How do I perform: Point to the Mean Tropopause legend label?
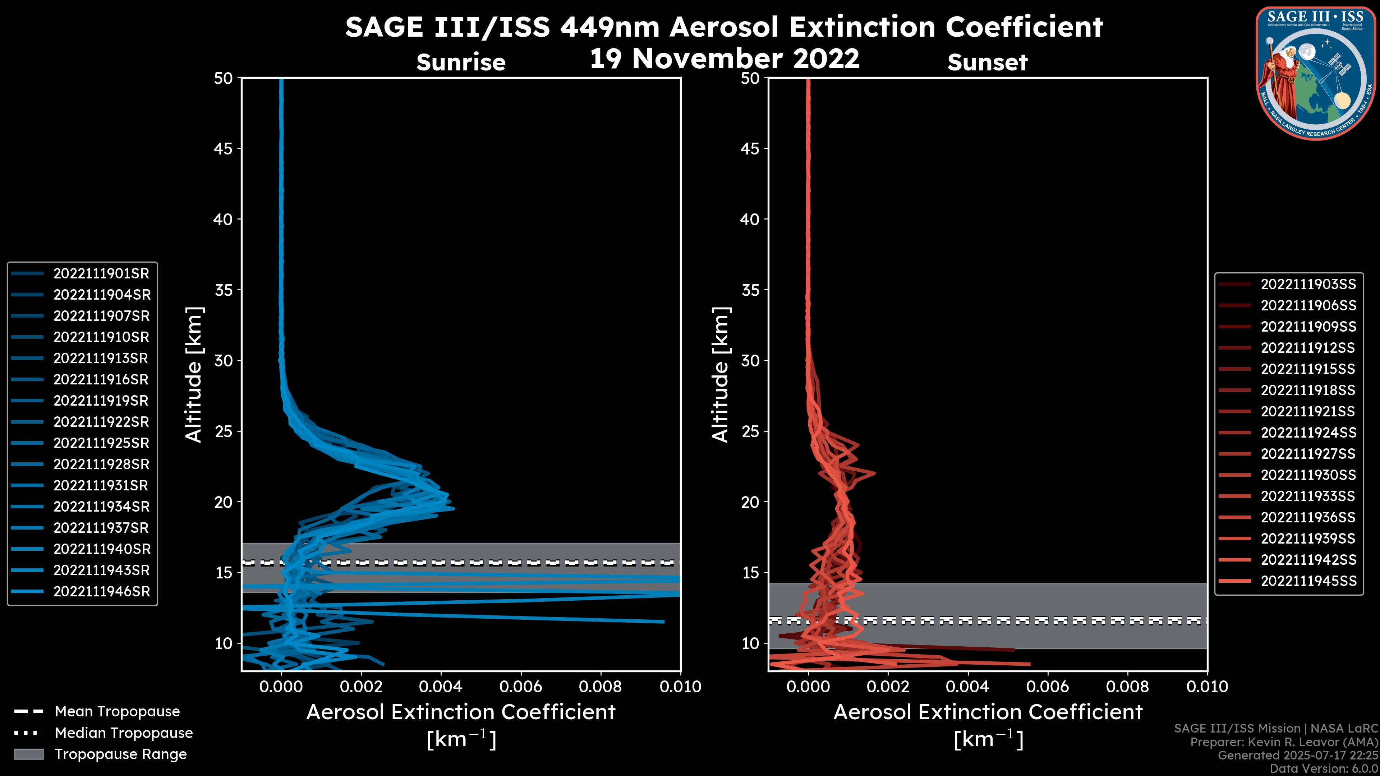click(x=117, y=712)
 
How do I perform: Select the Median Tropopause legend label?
click(x=123, y=733)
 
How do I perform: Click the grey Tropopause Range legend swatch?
click(x=28, y=754)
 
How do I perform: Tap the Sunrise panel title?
click(x=461, y=63)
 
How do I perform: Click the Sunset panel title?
click(x=987, y=63)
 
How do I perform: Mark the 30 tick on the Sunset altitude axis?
click(x=750, y=361)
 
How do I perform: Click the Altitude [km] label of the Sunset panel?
click(x=721, y=375)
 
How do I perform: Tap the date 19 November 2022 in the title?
click(x=724, y=59)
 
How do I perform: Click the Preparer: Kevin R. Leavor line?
click(x=1284, y=742)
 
